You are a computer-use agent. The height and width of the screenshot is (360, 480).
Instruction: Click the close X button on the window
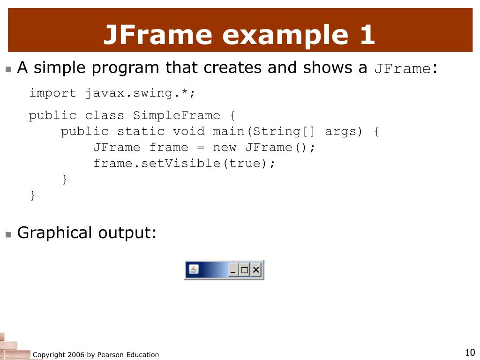tap(256, 270)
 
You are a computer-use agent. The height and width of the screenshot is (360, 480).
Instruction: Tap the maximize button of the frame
tap(244, 270)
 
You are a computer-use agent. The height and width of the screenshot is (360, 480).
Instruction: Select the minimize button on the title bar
tap(233, 270)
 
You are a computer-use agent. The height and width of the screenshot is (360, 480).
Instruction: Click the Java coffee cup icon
tap(194, 270)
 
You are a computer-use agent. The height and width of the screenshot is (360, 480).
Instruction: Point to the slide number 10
tap(470, 352)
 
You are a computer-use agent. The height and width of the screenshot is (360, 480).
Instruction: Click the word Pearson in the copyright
tap(110, 355)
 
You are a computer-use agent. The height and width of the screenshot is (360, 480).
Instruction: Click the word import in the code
tap(52, 93)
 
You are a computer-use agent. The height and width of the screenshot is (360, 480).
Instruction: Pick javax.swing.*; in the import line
tap(140, 93)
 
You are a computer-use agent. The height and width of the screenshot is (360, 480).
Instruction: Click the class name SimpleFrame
tap(177, 115)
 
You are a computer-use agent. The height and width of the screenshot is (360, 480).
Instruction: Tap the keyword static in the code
tap(141, 132)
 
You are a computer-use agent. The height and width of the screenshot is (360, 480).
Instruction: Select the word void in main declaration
tap(188, 132)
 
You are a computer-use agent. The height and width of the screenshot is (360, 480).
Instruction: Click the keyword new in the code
tap(225, 148)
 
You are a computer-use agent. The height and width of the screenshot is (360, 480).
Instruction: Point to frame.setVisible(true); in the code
tap(184, 164)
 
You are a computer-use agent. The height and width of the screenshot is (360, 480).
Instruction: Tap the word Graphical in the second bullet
tap(54, 233)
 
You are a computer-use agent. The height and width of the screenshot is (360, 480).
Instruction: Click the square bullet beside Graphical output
tap(8, 235)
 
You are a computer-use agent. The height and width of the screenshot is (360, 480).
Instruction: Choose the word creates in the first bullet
tap(232, 67)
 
